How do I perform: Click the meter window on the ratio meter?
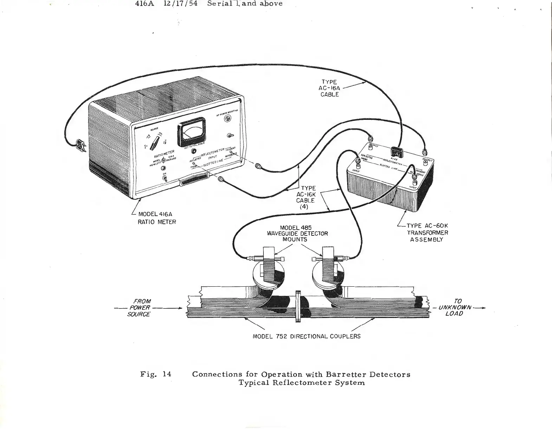pos(191,132)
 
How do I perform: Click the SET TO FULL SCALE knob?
pos(193,151)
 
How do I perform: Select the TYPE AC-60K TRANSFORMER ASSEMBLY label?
pos(427,233)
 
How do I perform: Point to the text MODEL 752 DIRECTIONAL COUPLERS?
pos(306,336)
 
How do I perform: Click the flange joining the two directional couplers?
pos(299,306)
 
